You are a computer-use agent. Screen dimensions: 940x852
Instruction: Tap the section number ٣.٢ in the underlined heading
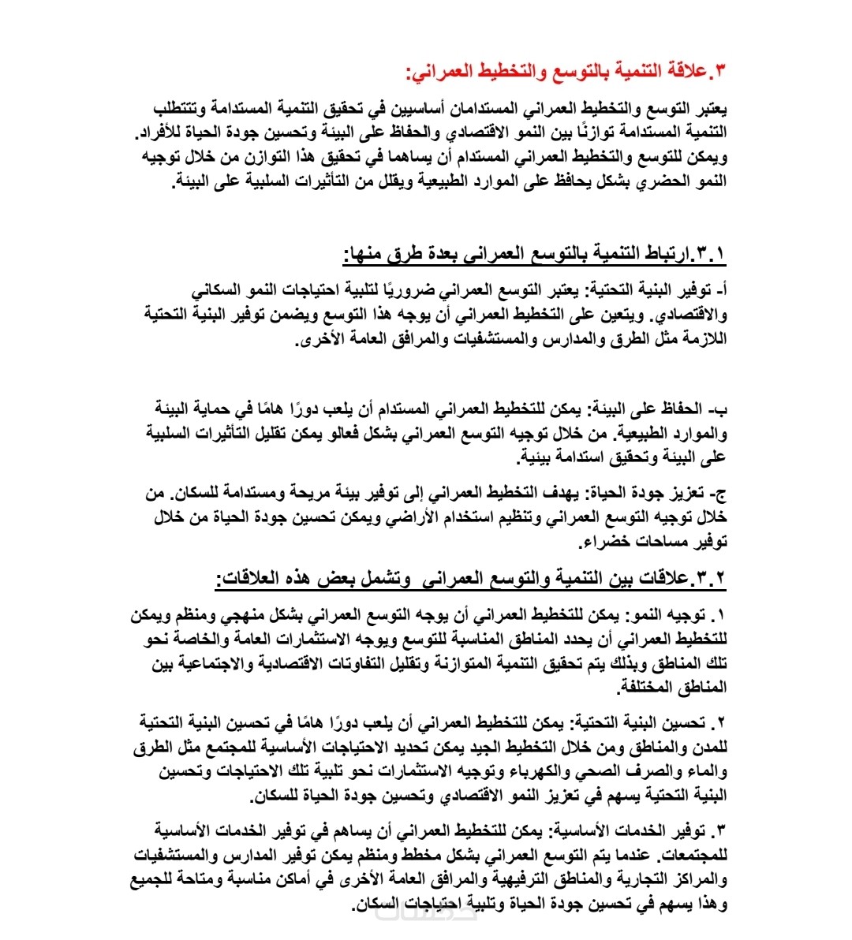click(709, 579)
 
